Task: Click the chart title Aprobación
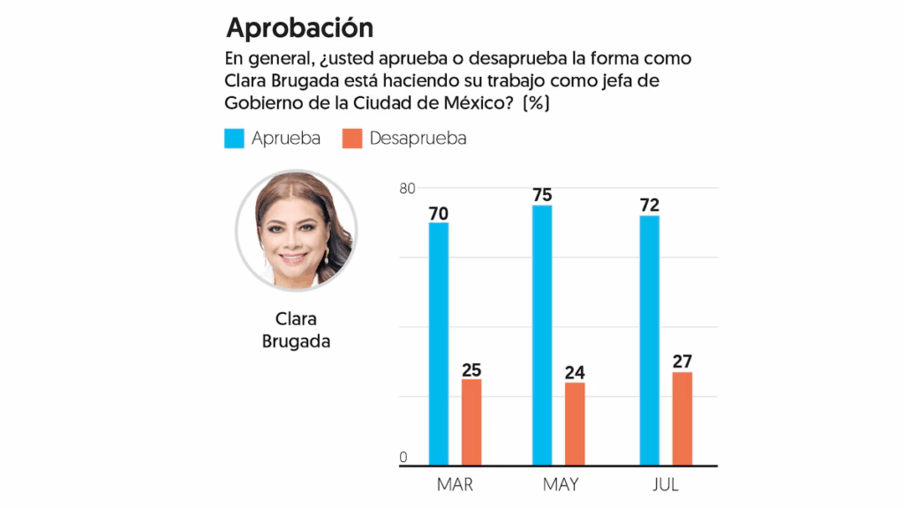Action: tap(299, 27)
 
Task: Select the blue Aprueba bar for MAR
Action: tap(439, 344)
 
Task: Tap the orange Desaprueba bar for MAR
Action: tap(471, 422)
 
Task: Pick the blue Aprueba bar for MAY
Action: tap(542, 335)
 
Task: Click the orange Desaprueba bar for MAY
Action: tap(575, 423)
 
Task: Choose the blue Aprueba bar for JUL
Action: tap(649, 340)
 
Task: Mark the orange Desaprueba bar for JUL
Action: tap(682, 418)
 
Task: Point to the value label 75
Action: tap(542, 195)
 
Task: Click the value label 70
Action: tap(439, 213)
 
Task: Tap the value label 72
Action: tap(649, 205)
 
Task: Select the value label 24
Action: tap(575, 372)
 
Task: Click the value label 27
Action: tap(682, 362)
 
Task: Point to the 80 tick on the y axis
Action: tap(407, 188)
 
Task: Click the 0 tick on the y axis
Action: tap(403, 458)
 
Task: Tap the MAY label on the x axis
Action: tap(560, 485)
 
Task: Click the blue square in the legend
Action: tap(234, 138)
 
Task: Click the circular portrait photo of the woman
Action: tap(296, 230)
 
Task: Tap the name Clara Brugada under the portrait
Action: tap(296, 330)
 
